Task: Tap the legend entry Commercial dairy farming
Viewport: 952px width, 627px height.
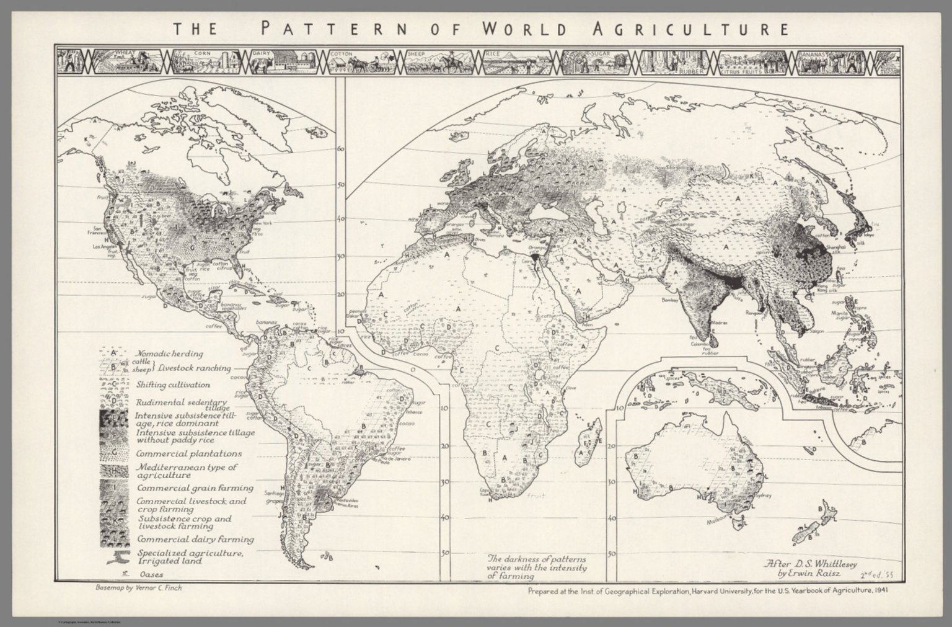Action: (195, 539)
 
